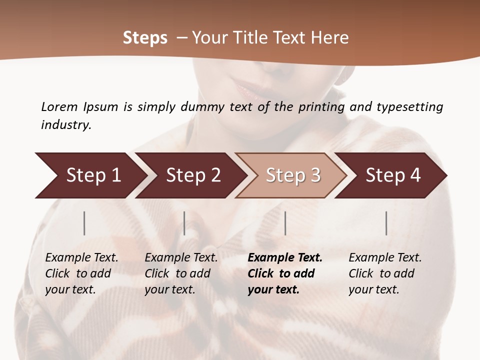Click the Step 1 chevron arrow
coord(90,175)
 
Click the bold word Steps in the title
coord(145,38)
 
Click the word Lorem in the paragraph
coord(59,107)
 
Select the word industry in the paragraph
coord(66,125)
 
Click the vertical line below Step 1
coord(84,223)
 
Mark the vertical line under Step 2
coord(184,223)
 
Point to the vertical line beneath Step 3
coord(285,223)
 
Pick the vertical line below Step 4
coord(386,223)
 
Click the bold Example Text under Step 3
coord(285,258)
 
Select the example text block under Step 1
coord(81,273)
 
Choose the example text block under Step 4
coord(385,273)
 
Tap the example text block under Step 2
coord(181,273)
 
